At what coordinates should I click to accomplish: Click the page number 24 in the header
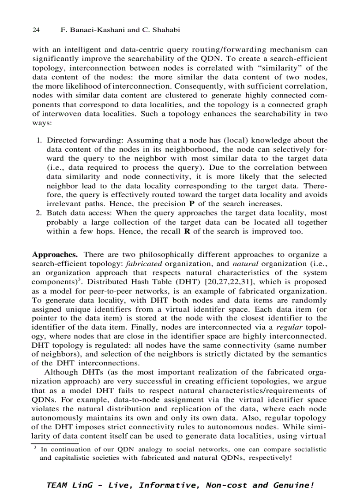tap(37, 30)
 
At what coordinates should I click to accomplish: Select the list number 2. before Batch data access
tap(39, 213)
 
